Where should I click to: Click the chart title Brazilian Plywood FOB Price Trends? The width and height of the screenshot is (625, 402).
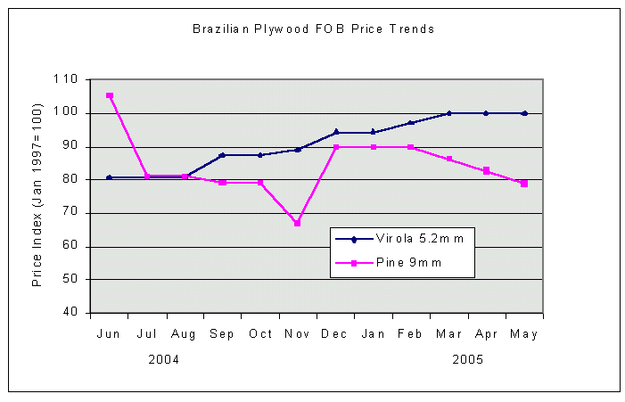click(x=313, y=29)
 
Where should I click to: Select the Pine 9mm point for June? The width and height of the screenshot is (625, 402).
click(x=110, y=95)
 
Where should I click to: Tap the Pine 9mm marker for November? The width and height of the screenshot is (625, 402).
click(x=298, y=223)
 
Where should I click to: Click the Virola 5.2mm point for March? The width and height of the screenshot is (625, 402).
click(x=449, y=113)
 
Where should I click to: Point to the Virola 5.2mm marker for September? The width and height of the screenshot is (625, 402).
click(x=222, y=155)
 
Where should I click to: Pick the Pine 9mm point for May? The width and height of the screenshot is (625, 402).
click(x=524, y=184)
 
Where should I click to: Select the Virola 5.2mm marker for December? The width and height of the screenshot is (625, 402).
click(x=336, y=132)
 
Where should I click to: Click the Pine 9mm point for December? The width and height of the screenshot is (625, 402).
click(x=336, y=147)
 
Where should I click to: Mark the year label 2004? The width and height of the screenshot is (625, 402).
click(x=164, y=359)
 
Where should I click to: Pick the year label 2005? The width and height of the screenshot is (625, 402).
click(x=468, y=359)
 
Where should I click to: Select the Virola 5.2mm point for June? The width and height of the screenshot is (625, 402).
click(x=110, y=177)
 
